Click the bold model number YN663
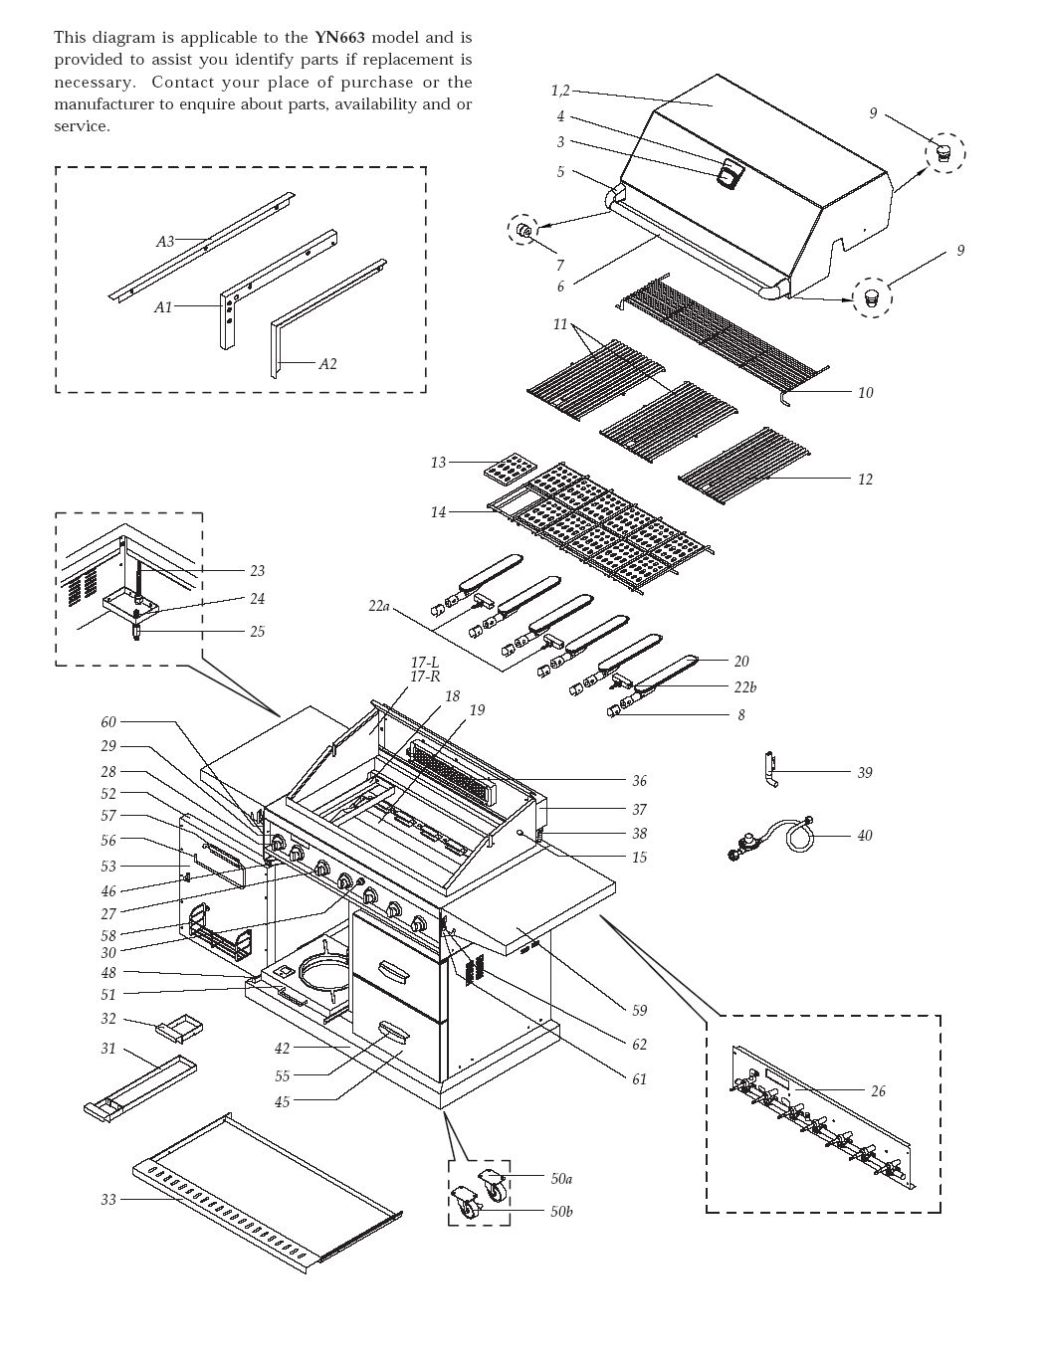[x=340, y=38]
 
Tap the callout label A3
[x=165, y=241]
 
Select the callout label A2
[x=327, y=364]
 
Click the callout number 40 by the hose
[x=865, y=835]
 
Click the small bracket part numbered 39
[x=770, y=771]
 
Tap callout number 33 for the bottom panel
[x=108, y=1200]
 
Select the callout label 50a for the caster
[x=561, y=1178]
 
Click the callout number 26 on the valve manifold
[x=877, y=1091]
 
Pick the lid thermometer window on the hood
[x=730, y=175]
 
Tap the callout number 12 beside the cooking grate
[x=865, y=480]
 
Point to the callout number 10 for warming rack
[x=865, y=393]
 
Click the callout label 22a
[x=379, y=605]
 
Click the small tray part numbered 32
[x=175, y=1027]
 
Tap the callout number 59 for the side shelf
[x=639, y=1010]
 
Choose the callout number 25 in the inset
[x=257, y=632]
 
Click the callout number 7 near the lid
[x=559, y=266]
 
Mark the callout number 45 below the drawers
[x=283, y=1101]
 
